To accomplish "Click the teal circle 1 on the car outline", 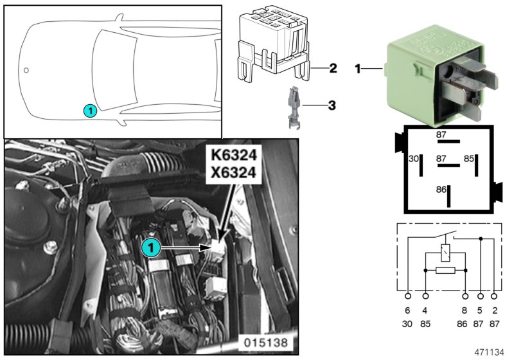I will click(91, 111).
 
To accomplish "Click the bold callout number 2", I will click(332, 67).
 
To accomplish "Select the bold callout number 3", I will click(332, 104).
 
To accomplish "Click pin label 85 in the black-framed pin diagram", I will click(469, 157).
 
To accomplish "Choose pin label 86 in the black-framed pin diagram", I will click(440, 190).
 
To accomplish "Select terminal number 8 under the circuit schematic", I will click(466, 310).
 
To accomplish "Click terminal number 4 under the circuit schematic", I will click(425, 310).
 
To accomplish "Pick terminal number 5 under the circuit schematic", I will click(481, 310).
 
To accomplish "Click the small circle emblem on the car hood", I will click(26, 69).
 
